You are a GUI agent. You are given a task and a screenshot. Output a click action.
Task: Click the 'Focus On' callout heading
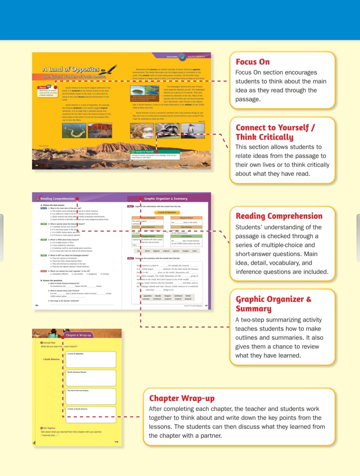(253, 62)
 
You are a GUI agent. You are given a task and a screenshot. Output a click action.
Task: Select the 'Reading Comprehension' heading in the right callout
(279, 216)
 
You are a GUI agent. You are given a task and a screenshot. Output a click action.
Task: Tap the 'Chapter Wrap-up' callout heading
(182, 398)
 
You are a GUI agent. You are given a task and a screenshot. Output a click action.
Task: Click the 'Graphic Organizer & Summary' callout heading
(273, 304)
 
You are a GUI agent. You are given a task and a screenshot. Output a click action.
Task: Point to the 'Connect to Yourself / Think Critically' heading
(275, 132)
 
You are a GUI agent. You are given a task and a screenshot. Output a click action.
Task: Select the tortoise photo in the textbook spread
(167, 130)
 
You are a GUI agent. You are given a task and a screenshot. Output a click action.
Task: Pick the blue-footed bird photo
(193, 130)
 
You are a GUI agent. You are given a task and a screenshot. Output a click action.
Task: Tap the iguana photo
(142, 131)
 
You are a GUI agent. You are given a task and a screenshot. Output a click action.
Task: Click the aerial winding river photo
(74, 131)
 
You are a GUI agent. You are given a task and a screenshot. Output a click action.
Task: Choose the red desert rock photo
(100, 131)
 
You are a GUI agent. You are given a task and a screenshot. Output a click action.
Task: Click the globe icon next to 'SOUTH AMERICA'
(182, 57)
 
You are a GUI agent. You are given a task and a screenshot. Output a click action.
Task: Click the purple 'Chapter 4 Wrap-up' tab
(78, 335)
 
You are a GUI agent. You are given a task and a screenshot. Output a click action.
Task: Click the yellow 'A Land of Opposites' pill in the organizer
(167, 212)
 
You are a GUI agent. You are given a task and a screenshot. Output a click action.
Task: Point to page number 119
(116, 442)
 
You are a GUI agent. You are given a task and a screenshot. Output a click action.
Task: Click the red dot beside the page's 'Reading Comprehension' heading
(77, 199)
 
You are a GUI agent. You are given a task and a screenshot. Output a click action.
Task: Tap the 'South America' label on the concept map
(52, 359)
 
